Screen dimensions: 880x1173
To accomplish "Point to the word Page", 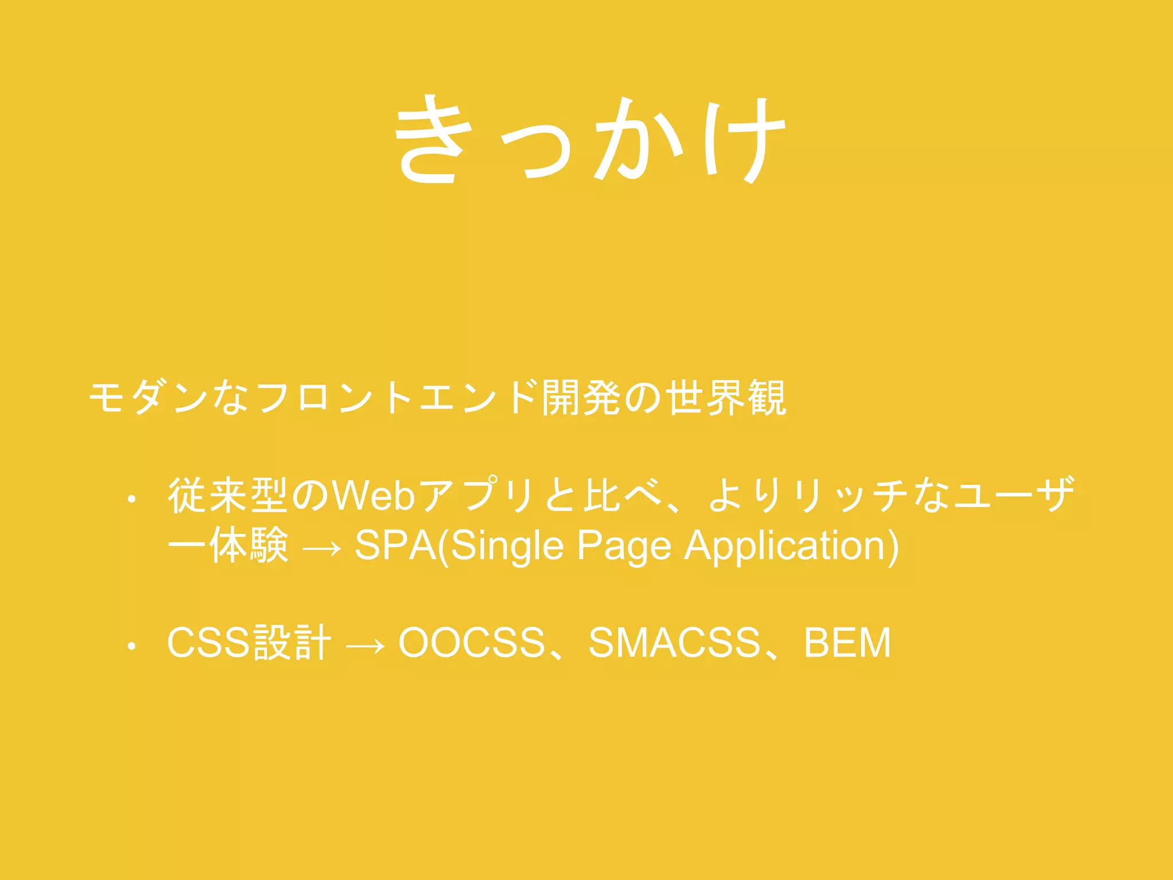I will tap(624, 546).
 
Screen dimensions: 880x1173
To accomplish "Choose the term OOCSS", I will tap(471, 642).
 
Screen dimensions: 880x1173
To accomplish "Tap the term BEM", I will tap(847, 642).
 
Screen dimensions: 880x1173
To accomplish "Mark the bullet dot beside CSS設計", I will tap(132, 646).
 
